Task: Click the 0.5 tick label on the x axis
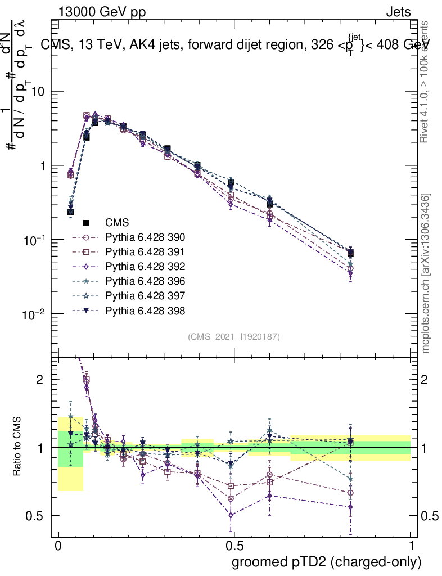click(x=234, y=547)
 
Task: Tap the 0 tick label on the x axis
click(x=58, y=547)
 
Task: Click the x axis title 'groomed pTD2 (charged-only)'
click(x=326, y=562)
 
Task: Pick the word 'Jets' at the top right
click(x=398, y=12)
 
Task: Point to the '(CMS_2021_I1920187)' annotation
click(x=234, y=336)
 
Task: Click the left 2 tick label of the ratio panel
click(x=40, y=380)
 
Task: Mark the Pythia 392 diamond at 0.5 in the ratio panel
click(x=231, y=514)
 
